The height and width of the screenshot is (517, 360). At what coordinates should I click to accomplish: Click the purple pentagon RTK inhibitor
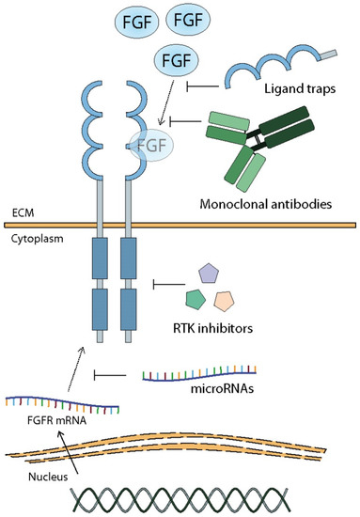pos(209,274)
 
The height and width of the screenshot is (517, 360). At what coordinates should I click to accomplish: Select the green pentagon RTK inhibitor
pos(196,299)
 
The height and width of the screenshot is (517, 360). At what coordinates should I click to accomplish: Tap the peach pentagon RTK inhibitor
pos(224,302)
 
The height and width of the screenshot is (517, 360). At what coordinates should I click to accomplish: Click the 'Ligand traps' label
pos(300,88)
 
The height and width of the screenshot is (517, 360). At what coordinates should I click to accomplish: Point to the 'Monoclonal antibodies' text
pos(266,204)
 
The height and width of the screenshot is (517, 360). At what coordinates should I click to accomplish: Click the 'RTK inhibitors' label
pos(212,328)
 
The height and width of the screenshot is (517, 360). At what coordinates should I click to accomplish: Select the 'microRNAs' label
pos(222,389)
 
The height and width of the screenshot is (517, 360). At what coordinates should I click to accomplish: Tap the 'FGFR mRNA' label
pos(57,421)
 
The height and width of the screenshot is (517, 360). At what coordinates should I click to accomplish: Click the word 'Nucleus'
pos(48,477)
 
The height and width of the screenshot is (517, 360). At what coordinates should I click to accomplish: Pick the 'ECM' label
pos(23,213)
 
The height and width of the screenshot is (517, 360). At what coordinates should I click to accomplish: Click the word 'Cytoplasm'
pos(37,239)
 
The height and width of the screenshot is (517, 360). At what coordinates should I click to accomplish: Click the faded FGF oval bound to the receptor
pos(151,146)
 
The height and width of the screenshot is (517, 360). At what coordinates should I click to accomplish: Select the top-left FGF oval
pos(137,23)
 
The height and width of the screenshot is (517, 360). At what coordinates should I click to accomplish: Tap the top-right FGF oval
pos(188,20)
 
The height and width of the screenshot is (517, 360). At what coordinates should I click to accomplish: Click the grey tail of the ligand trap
pos(327,55)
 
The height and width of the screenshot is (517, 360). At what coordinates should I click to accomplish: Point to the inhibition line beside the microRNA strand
pos(110,375)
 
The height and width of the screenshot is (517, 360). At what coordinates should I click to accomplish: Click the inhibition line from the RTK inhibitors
pos(169,284)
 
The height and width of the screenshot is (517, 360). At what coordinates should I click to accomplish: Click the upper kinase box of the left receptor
pos(100,258)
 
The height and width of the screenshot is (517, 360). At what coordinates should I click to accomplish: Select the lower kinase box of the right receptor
pos(128,309)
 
